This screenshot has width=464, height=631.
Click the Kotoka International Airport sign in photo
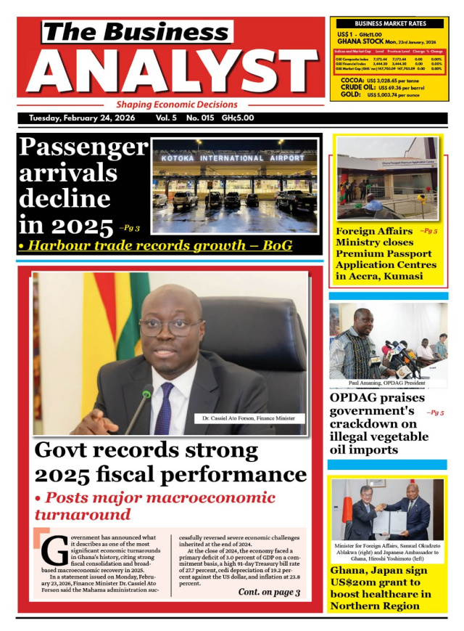[x=233, y=158]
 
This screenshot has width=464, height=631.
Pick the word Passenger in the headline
[x=83, y=147]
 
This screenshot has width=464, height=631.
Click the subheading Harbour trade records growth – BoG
[x=155, y=245]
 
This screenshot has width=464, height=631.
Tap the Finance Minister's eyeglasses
[x=170, y=326]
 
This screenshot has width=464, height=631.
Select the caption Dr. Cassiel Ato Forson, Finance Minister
[x=249, y=418]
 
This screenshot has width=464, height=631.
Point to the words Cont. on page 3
[x=268, y=593]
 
